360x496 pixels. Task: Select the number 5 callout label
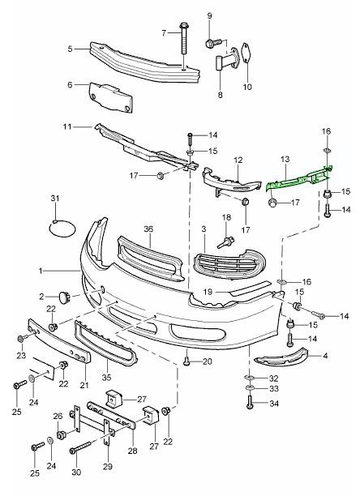click(71, 49)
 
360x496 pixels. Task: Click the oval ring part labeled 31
click(62, 228)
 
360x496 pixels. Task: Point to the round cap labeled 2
click(65, 297)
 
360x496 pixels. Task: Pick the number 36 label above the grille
click(148, 229)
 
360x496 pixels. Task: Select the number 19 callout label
click(208, 292)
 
